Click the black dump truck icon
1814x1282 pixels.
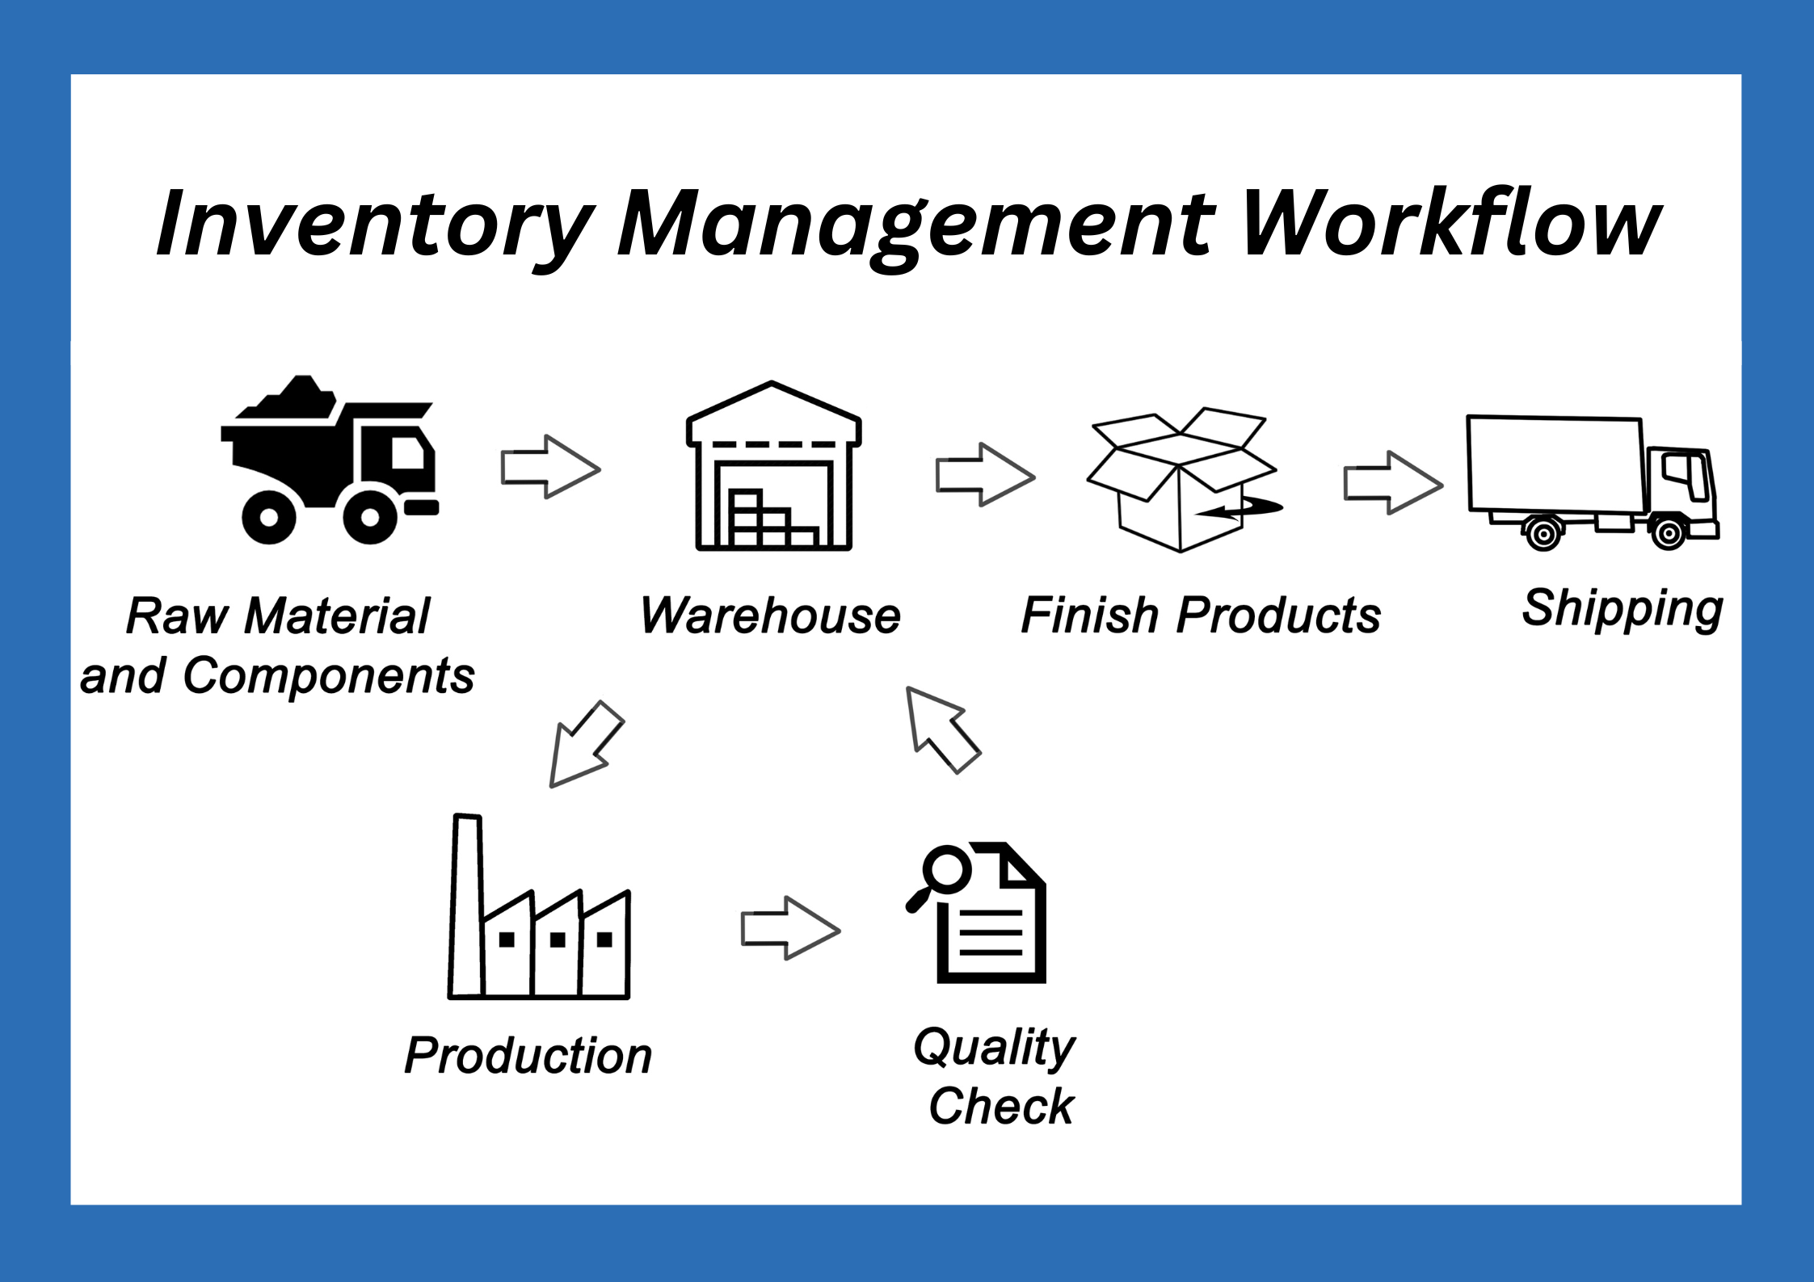(330, 460)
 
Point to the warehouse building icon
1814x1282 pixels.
(773, 466)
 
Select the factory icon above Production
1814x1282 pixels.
(539, 907)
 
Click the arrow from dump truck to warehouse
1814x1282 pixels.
(550, 467)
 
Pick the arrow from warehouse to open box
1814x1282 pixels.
(985, 475)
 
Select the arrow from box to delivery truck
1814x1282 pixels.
(1393, 483)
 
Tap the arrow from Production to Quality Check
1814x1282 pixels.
(790, 929)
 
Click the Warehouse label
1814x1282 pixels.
(770, 616)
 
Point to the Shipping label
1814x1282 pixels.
(1622, 610)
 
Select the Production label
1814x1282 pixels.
(528, 1055)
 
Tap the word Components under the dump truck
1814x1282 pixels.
(329, 677)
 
